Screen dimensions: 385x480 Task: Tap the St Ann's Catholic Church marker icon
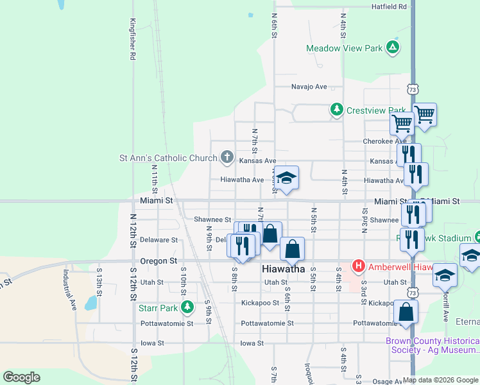(x=227, y=157)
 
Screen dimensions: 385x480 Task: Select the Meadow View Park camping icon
(x=393, y=47)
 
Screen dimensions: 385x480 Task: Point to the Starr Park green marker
(x=187, y=308)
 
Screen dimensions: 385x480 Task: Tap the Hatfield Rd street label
(x=390, y=6)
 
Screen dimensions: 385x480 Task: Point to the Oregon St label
(x=159, y=261)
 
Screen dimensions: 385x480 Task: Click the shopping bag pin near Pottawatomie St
(x=406, y=312)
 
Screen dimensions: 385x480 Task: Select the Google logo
(x=21, y=377)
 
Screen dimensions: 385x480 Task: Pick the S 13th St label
(x=99, y=279)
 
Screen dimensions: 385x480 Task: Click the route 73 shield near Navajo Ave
(x=413, y=88)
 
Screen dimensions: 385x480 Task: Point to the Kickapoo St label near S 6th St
(x=260, y=303)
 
